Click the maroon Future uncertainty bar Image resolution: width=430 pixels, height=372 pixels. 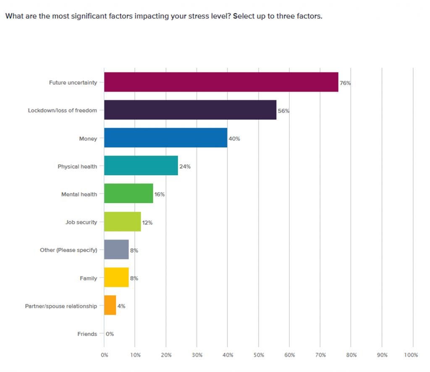pos(221,82)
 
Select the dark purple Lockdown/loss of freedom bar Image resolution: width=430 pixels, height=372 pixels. pos(190,110)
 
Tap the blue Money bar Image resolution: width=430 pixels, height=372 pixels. pos(165,138)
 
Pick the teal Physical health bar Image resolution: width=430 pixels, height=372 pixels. pos(141,166)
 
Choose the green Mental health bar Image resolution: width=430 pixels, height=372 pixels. pos(128,194)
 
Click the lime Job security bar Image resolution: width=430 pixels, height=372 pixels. pos(122,222)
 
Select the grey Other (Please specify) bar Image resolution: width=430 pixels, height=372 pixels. pos(116,250)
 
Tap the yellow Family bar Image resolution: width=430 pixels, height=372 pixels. pos(116,278)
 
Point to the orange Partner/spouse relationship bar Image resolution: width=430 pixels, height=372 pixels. pos(110,306)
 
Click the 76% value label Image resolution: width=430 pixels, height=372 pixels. pos(345,83)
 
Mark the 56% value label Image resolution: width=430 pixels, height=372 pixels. pos(283,111)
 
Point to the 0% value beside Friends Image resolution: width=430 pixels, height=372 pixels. pos(110,334)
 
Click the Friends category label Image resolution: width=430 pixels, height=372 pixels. pos(87,334)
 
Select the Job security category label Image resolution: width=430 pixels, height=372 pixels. pos(81,222)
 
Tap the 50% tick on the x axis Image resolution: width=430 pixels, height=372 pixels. pos(258,355)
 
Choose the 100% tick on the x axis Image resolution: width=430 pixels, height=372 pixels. pos(411,355)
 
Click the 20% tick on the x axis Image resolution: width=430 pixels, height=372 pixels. pos(166,355)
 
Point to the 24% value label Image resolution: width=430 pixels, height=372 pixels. pos(185,166)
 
